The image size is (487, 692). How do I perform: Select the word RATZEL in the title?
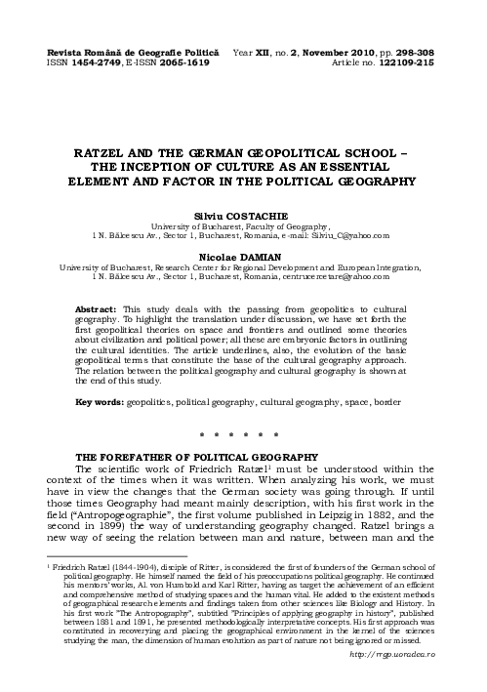[105, 153]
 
